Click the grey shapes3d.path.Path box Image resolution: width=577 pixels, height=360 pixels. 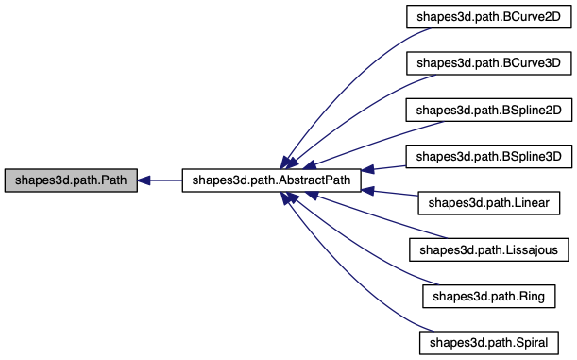click(x=71, y=180)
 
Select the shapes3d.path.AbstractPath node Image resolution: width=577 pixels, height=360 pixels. click(x=271, y=180)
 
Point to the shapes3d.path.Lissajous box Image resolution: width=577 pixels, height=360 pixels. click(x=488, y=249)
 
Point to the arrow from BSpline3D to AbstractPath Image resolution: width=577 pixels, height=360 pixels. click(x=387, y=167)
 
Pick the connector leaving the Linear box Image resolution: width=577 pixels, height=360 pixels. click(x=392, y=193)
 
